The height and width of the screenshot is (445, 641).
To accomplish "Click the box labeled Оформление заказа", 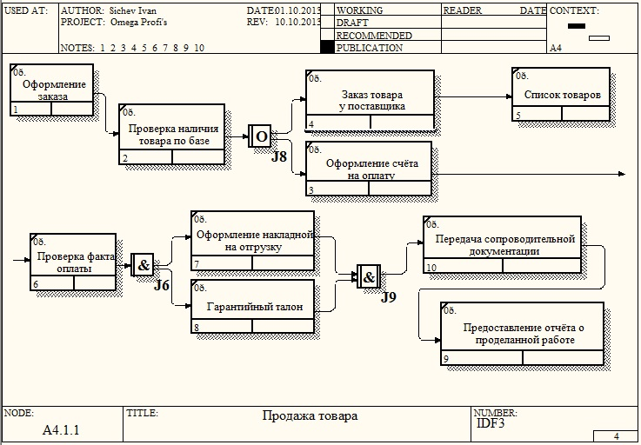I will tap(52, 90).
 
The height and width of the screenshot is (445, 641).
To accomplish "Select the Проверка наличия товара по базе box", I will tap(171, 134).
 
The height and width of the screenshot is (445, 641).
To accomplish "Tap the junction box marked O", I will tap(260, 136).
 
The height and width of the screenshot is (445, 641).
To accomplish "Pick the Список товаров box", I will tap(561, 94).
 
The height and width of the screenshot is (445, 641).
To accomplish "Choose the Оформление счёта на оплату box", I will tap(369, 168).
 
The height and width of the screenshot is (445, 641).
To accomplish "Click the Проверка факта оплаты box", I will tap(73, 261).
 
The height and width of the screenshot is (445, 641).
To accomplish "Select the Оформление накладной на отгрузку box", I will tap(252, 239).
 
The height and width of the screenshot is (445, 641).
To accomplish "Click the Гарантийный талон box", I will tap(252, 306).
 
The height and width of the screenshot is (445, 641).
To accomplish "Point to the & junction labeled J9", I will tap(368, 278).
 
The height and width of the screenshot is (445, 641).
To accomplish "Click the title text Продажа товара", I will tap(310, 416).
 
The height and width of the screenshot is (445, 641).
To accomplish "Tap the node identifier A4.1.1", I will tap(61, 429).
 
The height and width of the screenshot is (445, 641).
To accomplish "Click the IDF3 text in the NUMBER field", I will tap(491, 423).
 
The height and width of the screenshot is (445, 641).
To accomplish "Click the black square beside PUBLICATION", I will tap(327, 48).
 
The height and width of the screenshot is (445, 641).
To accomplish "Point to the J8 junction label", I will tap(278, 156).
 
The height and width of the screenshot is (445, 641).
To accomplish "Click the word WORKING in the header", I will tap(359, 10).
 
